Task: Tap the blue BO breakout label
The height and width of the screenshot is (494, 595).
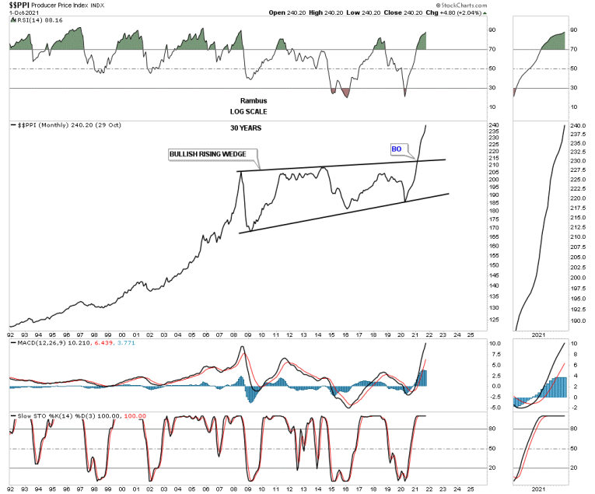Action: (396, 148)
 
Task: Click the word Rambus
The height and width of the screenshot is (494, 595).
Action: (251, 101)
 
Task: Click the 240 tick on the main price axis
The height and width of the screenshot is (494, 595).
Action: (493, 125)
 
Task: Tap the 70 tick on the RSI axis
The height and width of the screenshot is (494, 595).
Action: (492, 49)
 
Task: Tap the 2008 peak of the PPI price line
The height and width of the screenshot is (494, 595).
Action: (240, 173)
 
